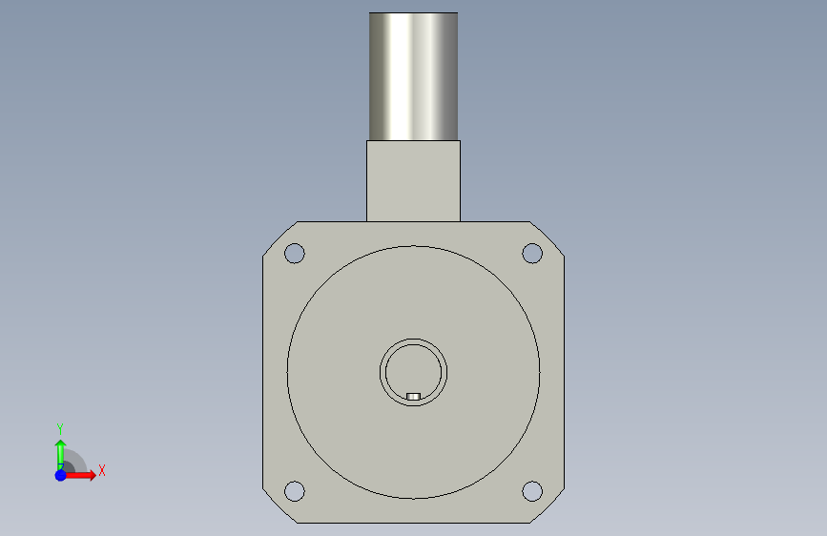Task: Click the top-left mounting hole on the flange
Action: [295, 254]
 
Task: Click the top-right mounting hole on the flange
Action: [532, 254]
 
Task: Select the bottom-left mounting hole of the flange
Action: [295, 491]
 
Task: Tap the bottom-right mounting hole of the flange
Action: [532, 491]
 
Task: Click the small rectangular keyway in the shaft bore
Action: [414, 396]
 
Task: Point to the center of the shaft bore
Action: [414, 373]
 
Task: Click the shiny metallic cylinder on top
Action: [414, 76]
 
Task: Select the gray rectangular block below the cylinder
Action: [414, 181]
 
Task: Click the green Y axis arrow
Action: [61, 455]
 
